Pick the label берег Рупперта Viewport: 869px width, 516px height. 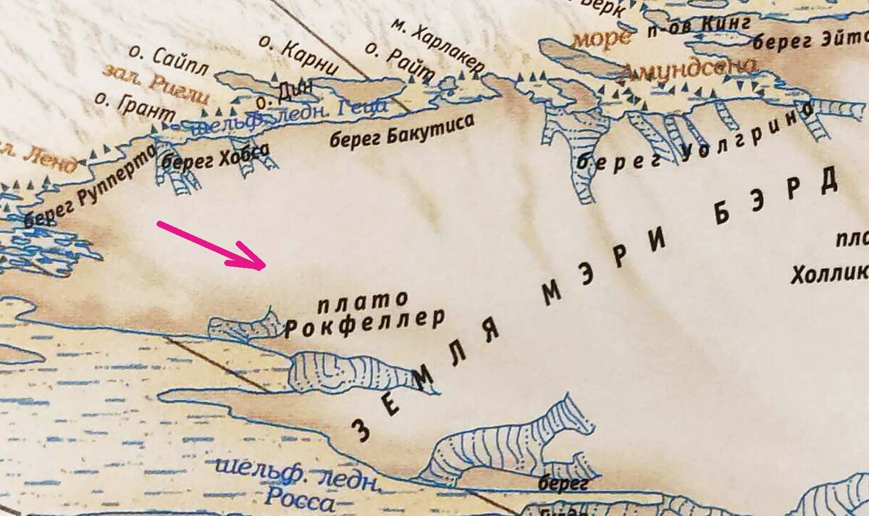click(x=90, y=186)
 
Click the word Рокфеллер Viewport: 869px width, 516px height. click(x=364, y=324)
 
